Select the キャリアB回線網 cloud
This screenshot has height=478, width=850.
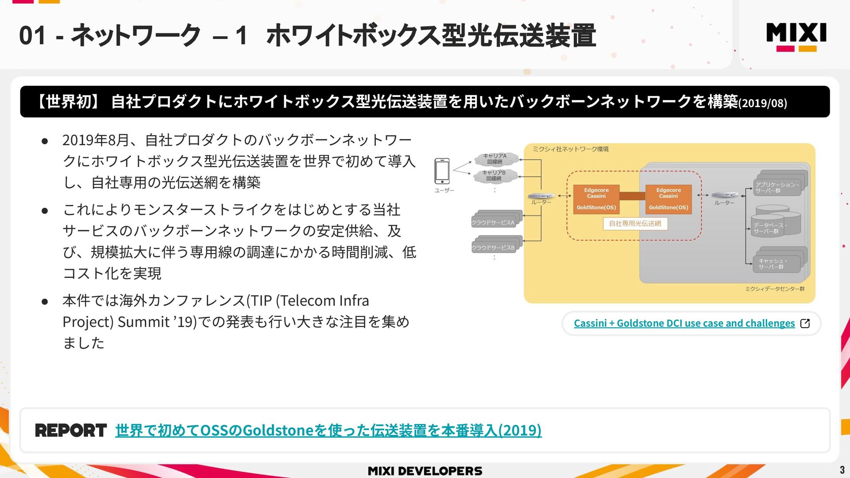coord(495,176)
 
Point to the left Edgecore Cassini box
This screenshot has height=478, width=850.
coord(596,199)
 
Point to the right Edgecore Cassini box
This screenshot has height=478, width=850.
coord(668,199)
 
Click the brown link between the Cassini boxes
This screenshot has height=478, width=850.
coord(632,196)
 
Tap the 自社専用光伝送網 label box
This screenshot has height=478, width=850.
coord(635,224)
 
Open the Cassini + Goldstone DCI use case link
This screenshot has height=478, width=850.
coord(684,324)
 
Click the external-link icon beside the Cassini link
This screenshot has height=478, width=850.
coord(805,324)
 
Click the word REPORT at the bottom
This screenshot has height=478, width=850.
coord(71,430)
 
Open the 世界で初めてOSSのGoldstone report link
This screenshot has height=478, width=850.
coord(328,430)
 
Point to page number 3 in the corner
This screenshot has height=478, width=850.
coord(842,470)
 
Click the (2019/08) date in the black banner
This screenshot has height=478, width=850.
coord(762,103)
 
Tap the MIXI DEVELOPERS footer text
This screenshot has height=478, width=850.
coord(425,471)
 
